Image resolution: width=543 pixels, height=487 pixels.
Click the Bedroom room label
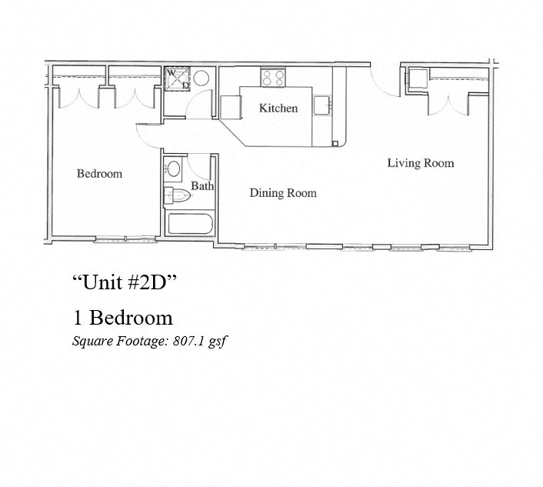point(99,174)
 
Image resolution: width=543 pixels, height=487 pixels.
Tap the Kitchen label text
point(278,108)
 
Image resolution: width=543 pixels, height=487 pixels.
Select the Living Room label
point(420,163)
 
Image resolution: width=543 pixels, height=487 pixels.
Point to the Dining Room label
point(282,193)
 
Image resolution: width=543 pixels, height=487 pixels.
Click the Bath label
point(202,186)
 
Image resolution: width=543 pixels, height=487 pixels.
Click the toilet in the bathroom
point(178,197)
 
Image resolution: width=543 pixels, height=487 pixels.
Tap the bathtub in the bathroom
point(190,225)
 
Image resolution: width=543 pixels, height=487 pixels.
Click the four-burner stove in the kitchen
point(272,77)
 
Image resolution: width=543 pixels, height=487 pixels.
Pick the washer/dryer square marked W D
point(178,79)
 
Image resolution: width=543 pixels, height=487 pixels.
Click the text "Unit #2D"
point(125,282)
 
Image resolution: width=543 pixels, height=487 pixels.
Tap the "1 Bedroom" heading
point(122,317)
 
